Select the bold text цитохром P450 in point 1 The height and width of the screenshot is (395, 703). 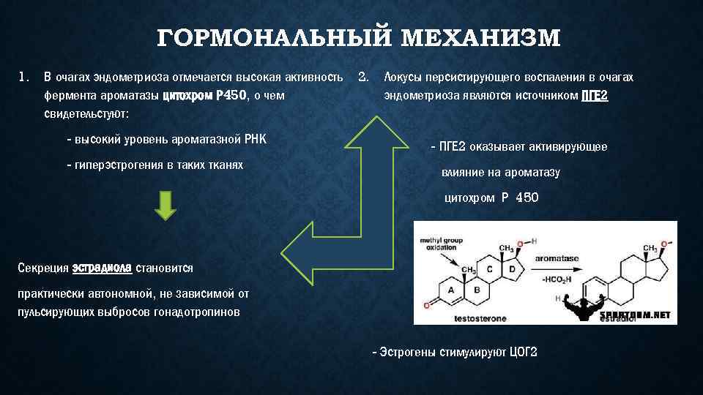204,95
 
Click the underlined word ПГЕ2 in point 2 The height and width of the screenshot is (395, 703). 594,95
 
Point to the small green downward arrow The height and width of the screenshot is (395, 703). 165,206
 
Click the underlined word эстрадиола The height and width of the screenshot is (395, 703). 103,268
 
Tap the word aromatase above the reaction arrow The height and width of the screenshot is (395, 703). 557,258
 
